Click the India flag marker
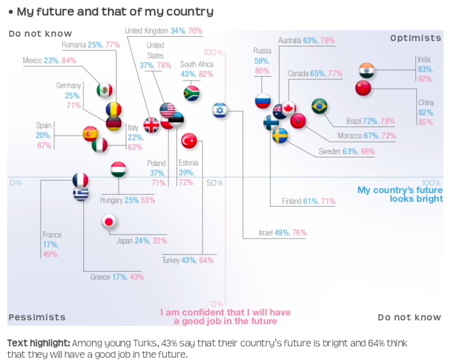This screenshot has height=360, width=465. pyautogui.click(x=366, y=71)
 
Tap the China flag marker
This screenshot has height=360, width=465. pyautogui.click(x=363, y=88)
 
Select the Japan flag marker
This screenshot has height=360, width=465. pyautogui.click(x=109, y=221)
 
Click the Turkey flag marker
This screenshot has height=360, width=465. pyautogui.click(x=188, y=141)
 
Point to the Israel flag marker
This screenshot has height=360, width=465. pyautogui.click(x=220, y=110)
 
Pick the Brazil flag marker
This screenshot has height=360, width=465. pyautogui.click(x=319, y=106)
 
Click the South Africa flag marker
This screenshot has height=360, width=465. pyautogui.click(x=192, y=93)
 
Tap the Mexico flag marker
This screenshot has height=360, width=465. pyautogui.click(x=104, y=90)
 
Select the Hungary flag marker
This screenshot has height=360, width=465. pyautogui.click(x=118, y=169)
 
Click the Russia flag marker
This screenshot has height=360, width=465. pyautogui.click(x=263, y=100)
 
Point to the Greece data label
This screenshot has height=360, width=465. pyautogui.click(x=117, y=277)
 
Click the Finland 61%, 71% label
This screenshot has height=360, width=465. pyautogui.click(x=309, y=201)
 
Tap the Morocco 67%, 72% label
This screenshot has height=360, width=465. pyautogui.click(x=366, y=136)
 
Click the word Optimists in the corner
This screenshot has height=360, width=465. pyautogui.click(x=416, y=38)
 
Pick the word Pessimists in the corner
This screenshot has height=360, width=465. pyautogui.click(x=37, y=317)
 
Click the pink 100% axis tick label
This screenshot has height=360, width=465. pyautogui.click(x=213, y=53)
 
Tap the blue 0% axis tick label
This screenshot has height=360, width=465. pyautogui.click(x=16, y=183)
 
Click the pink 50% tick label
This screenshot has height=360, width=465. pyautogui.click(x=215, y=183)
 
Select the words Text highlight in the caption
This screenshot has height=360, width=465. pyautogui.click(x=38, y=343)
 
